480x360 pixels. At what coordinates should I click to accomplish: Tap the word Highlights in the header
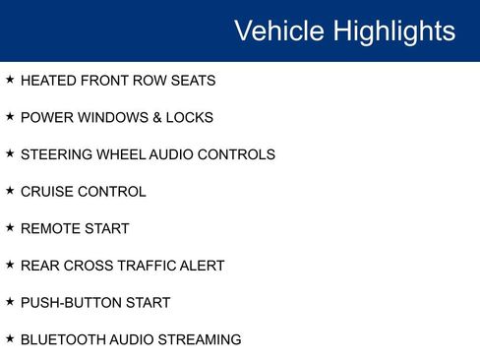click(x=393, y=31)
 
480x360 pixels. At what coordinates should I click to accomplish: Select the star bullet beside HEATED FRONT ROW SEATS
click(x=10, y=80)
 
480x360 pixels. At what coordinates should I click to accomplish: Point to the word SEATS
click(x=193, y=81)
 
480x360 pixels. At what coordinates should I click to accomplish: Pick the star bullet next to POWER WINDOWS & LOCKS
click(x=10, y=117)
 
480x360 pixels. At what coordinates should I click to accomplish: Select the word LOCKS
click(x=190, y=118)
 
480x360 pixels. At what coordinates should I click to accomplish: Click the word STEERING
click(x=55, y=154)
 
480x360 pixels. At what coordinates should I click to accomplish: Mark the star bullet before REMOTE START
click(x=10, y=228)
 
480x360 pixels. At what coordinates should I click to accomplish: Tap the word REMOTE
click(x=48, y=229)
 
